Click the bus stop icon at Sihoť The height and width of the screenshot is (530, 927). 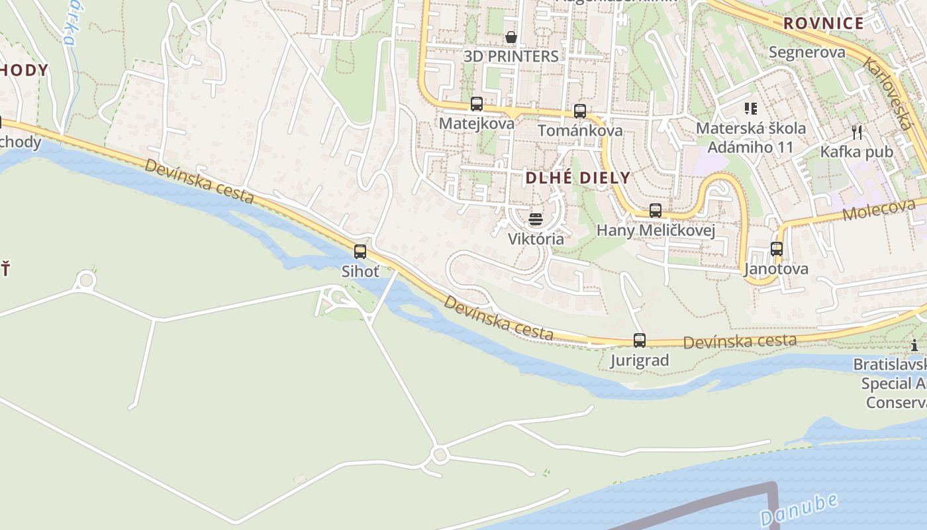(x=360, y=252)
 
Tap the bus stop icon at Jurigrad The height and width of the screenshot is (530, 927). (x=640, y=341)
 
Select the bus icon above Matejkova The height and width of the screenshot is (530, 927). (x=477, y=104)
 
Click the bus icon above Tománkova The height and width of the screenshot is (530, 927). (x=580, y=111)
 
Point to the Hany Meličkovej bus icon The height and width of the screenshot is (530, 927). (x=656, y=211)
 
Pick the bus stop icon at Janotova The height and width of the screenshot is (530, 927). (x=777, y=249)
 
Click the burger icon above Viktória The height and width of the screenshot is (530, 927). (x=536, y=219)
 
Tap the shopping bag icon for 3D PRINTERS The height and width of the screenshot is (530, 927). (x=511, y=36)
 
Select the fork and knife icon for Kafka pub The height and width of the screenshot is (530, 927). (x=857, y=132)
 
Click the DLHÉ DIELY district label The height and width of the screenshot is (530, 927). (x=577, y=178)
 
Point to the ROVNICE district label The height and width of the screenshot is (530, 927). (x=824, y=24)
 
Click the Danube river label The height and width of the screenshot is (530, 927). (x=799, y=509)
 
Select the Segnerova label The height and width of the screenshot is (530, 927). (x=807, y=52)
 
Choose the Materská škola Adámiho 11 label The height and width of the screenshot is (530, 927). (x=751, y=137)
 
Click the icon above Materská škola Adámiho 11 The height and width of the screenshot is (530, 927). (x=751, y=108)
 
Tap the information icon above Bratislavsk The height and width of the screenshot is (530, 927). (x=914, y=345)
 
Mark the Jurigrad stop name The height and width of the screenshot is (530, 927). (x=640, y=360)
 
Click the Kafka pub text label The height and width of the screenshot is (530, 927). (x=857, y=152)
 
